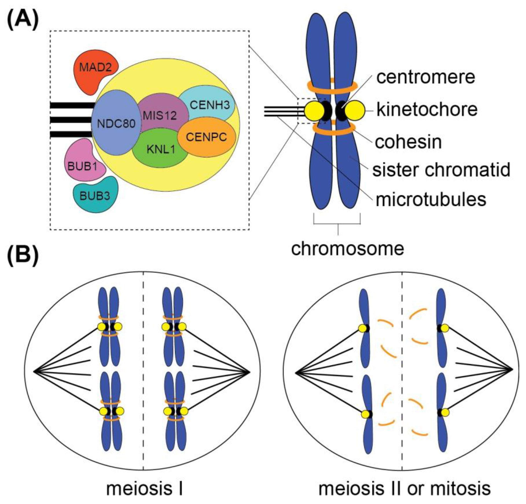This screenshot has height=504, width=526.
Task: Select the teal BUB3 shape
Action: pyautogui.click(x=95, y=196)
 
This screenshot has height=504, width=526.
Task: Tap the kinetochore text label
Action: pyautogui.click(x=427, y=109)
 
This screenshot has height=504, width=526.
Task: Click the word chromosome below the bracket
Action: pyautogui.click(x=348, y=249)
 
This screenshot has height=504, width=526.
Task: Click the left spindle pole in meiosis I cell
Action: pyautogui.click(x=34, y=372)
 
